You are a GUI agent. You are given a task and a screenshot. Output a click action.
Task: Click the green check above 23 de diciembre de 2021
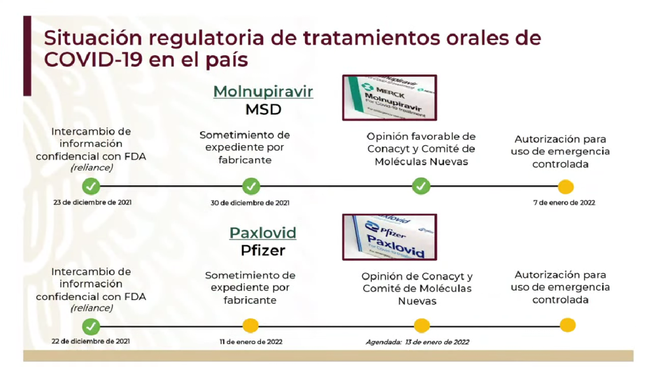click(91, 186)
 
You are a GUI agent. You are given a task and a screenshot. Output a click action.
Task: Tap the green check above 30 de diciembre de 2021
click(251, 186)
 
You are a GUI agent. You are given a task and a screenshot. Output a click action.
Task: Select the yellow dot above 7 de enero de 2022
click(565, 187)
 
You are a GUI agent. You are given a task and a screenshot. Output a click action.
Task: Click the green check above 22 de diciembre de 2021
click(91, 326)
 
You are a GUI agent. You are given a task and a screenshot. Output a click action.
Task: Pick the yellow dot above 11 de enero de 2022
click(250, 326)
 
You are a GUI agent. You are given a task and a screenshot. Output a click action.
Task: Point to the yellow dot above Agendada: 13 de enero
click(422, 326)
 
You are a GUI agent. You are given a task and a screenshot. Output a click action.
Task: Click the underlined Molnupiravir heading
click(263, 92)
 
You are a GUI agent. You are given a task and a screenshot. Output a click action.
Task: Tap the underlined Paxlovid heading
click(263, 233)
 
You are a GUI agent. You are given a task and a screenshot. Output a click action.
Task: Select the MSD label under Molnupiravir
click(263, 110)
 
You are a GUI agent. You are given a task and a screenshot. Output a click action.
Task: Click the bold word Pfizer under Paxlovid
click(263, 250)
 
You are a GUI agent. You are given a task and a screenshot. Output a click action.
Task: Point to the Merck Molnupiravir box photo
click(390, 97)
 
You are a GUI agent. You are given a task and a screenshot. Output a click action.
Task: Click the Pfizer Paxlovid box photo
click(390, 237)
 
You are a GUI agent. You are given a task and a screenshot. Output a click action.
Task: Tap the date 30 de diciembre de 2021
click(250, 203)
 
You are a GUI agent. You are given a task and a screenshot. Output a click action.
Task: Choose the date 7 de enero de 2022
click(564, 203)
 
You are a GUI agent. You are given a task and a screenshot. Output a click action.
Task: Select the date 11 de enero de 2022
click(251, 342)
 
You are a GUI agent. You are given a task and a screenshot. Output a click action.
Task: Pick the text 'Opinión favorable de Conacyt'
click(421, 143)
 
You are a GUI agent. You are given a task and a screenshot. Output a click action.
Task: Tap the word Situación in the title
click(93, 38)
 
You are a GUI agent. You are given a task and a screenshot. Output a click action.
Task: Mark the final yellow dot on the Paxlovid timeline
click(567, 325)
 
